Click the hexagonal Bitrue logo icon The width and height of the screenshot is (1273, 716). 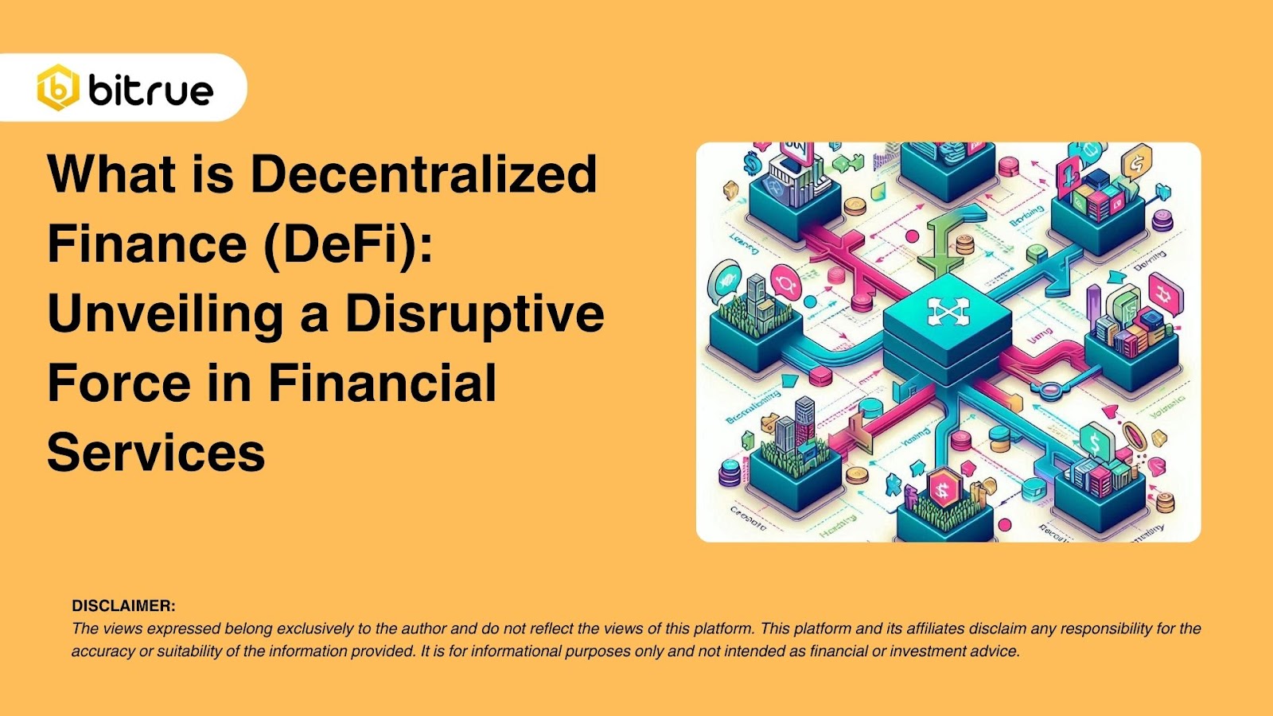coord(58,88)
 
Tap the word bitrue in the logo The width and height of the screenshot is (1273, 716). coord(151,90)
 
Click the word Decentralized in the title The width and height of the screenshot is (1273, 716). coord(423,173)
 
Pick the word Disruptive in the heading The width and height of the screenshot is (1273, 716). coord(474,313)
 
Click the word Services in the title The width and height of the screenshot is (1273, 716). coord(156,453)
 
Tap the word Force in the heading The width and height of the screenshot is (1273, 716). coord(119,383)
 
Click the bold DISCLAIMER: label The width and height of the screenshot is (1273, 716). coord(123,605)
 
